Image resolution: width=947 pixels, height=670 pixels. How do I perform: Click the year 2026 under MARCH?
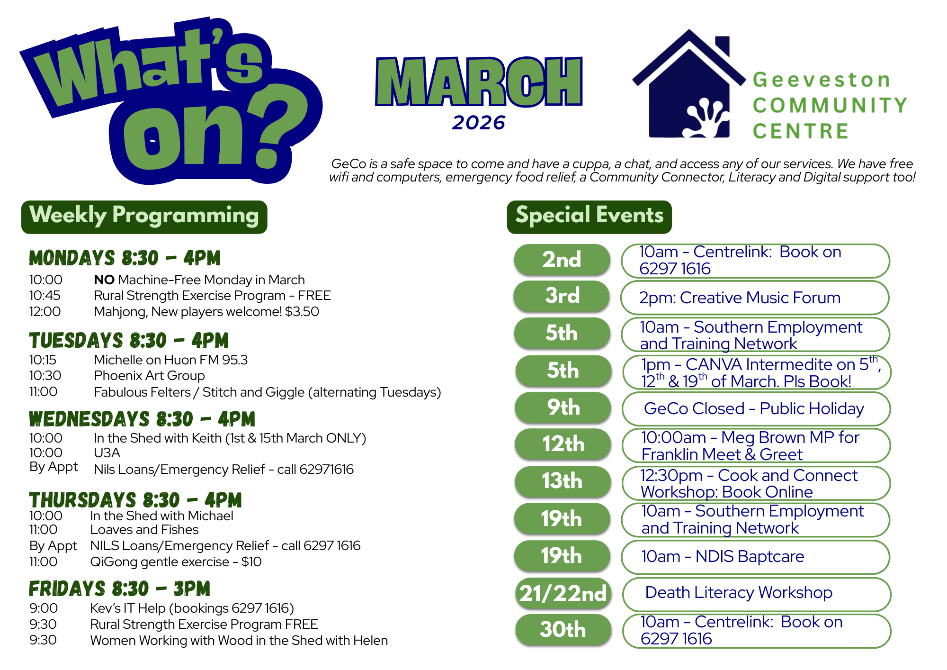(479, 123)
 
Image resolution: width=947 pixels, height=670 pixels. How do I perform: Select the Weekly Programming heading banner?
(144, 217)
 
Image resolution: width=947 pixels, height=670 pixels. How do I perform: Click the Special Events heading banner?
(589, 217)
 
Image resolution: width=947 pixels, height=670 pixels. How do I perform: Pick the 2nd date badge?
(562, 260)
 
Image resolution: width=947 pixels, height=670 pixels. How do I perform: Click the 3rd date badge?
(562, 296)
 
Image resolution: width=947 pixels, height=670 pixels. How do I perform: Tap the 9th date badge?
(563, 407)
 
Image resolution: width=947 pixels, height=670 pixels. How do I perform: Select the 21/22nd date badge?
(563, 593)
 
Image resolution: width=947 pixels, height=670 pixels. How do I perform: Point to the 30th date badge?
(563, 630)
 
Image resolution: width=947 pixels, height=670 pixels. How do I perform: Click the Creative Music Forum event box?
(755, 298)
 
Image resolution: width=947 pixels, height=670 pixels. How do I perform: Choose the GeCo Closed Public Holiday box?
(756, 408)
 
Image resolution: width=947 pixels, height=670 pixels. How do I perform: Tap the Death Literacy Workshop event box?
(756, 594)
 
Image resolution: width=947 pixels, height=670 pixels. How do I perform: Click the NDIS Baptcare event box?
(755, 557)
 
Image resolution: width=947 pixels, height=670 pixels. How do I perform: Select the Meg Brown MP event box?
(756, 445)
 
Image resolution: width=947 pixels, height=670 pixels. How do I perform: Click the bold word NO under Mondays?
(104, 280)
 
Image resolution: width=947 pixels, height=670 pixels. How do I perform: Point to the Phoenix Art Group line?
(149, 376)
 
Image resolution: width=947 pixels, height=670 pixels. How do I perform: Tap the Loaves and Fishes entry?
(144, 530)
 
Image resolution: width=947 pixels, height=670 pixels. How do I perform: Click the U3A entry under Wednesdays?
(107, 453)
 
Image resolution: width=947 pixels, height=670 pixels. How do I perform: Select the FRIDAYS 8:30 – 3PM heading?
(119, 589)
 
